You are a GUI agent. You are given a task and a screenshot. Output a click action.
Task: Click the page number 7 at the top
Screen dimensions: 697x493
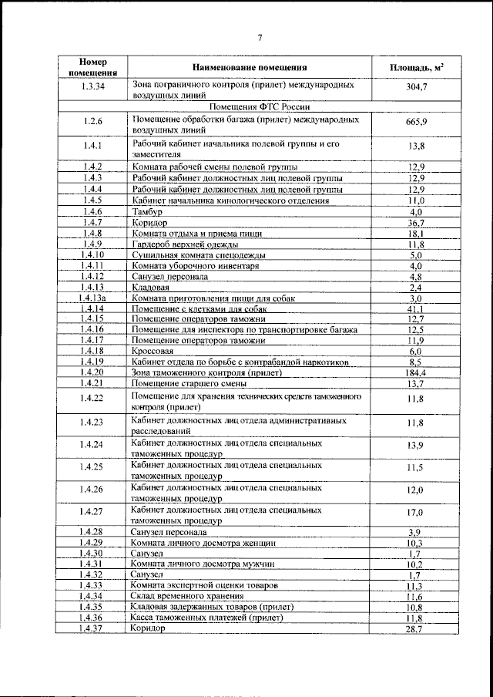pyautogui.click(x=260, y=37)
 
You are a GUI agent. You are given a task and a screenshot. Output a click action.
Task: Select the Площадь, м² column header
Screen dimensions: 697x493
pyautogui.click(x=416, y=68)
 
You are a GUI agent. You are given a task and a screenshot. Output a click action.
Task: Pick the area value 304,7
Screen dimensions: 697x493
pyautogui.click(x=416, y=88)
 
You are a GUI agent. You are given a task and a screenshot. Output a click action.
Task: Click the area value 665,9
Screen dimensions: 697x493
pyautogui.click(x=416, y=122)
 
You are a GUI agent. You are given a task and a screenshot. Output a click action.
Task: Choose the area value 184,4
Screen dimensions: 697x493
pyautogui.click(x=416, y=372)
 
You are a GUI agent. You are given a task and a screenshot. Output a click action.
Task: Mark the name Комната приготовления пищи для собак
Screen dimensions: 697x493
pyautogui.click(x=211, y=298)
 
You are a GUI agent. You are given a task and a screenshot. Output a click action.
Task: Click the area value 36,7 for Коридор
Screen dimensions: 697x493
pyautogui.click(x=416, y=222)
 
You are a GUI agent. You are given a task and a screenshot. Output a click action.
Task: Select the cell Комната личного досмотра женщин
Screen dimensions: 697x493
pyautogui.click(x=203, y=543)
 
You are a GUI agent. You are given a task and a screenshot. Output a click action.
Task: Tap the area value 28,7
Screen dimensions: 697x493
pyautogui.click(x=416, y=629)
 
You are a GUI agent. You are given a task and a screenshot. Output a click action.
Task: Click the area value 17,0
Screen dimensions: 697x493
pyautogui.click(x=416, y=512)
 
